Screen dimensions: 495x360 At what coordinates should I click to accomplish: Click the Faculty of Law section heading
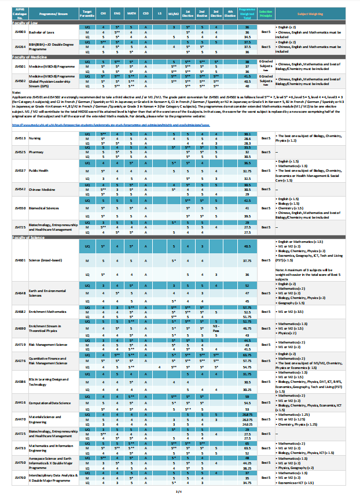click(26, 22)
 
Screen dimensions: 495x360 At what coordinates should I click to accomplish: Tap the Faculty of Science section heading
click(28, 237)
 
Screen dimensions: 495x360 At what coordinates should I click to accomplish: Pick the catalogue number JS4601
click(20, 261)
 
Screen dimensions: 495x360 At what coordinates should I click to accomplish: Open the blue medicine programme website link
click(110, 124)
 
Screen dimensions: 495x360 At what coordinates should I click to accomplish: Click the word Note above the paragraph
click(16, 93)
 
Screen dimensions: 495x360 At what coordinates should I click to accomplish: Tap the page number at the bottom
click(179, 491)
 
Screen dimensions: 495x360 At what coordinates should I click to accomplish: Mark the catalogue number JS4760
click(20, 478)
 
